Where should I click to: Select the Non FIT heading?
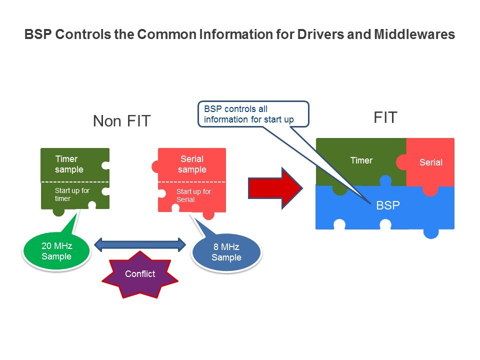coord(121,121)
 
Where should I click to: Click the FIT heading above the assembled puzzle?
coord(385,118)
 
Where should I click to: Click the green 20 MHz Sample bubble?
coord(56,251)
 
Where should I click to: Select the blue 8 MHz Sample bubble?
coord(226,252)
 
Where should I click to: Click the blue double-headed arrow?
coord(140,245)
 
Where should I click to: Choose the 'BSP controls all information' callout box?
coord(253,114)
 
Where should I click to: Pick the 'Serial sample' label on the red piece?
coord(192,164)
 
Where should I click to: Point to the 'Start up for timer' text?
coord(72,194)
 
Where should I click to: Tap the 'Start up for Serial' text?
coord(193,195)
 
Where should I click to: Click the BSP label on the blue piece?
coord(388,205)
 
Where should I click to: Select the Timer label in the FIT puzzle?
coord(361,160)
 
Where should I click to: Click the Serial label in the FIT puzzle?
coord(430,162)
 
